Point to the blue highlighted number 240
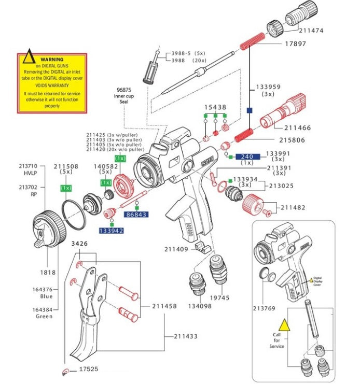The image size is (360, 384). tap(247, 157)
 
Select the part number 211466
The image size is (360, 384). tap(297, 127)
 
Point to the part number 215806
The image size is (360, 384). tap(293, 140)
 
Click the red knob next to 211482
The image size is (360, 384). tap(253, 203)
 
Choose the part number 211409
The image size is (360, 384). tap(176, 249)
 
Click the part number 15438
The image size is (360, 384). tap(215, 107)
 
